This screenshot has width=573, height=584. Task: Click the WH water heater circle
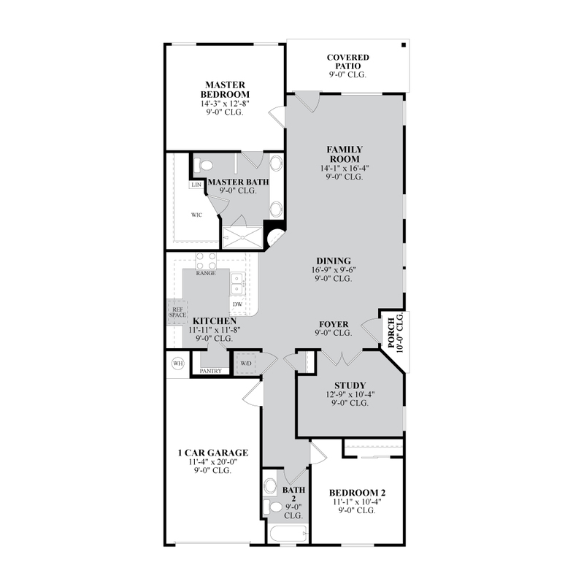click(x=178, y=363)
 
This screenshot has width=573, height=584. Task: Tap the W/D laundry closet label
click(x=246, y=364)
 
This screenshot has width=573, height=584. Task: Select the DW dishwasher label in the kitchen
click(x=237, y=304)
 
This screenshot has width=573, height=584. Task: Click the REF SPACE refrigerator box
click(x=177, y=312)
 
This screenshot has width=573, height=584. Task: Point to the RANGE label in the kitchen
click(x=206, y=273)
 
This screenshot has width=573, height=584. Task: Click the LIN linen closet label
click(x=196, y=185)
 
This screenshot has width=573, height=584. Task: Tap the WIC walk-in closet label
click(x=196, y=215)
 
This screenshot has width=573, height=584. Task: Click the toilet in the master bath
click(x=203, y=166)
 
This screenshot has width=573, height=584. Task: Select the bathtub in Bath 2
click(x=288, y=534)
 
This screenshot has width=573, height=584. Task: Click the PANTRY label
click(x=211, y=371)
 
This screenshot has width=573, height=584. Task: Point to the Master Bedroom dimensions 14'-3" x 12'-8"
click(x=225, y=104)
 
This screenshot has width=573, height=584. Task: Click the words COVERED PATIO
click(x=348, y=61)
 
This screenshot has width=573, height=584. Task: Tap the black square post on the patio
click(x=404, y=45)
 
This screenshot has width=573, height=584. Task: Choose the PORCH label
click(x=391, y=333)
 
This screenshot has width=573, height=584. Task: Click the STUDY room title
click(x=350, y=385)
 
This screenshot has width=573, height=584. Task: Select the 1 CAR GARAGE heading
click(x=213, y=453)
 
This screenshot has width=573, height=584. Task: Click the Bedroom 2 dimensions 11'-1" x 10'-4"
click(x=357, y=502)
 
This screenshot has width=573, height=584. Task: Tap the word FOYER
click(x=334, y=324)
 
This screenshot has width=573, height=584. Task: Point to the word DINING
click(x=334, y=261)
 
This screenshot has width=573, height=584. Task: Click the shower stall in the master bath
click(x=242, y=237)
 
